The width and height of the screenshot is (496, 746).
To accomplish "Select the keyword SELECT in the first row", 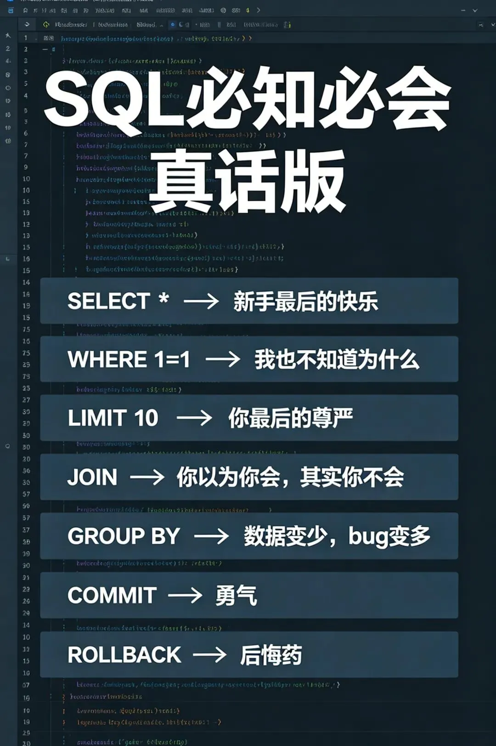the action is coord(109,302).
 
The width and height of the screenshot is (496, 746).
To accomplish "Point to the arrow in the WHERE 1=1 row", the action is coord(223,359).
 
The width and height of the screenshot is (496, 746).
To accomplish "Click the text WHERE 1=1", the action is coord(129,359).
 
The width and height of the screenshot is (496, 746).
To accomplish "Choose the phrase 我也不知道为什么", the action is coord(337,359).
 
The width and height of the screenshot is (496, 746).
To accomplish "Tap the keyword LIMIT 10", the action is coord(113,418).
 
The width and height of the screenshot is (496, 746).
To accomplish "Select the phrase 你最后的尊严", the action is coord(291,418).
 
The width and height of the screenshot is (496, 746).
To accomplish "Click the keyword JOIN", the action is coord(92,477).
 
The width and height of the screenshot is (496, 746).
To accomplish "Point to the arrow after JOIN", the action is coord(147,477).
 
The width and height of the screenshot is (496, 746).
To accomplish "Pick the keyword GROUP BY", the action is coord(124,536).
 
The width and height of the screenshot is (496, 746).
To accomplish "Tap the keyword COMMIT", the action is coord(112,596).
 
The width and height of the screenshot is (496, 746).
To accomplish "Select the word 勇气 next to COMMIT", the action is coord(236,596).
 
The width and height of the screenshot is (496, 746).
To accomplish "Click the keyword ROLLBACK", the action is coord(124,655).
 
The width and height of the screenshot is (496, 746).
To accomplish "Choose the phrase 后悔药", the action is coord(271,655).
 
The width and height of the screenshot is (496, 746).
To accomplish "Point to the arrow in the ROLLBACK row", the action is coord(210,655).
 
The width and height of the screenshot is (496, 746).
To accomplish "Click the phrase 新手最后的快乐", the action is coord(305,302).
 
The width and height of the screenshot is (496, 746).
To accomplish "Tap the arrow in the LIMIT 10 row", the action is coord(194,418).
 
